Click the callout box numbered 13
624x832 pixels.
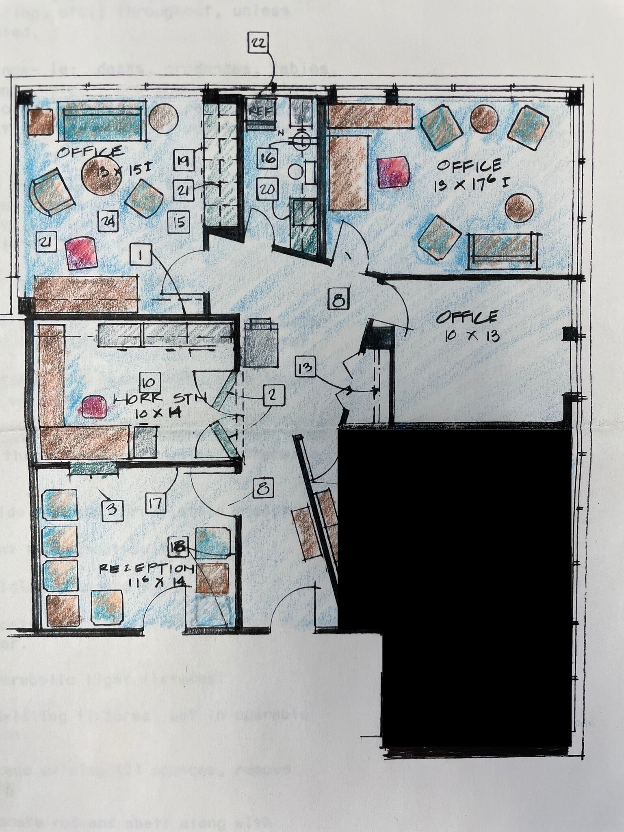[305, 367]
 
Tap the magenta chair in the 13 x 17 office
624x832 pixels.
[392, 172]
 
